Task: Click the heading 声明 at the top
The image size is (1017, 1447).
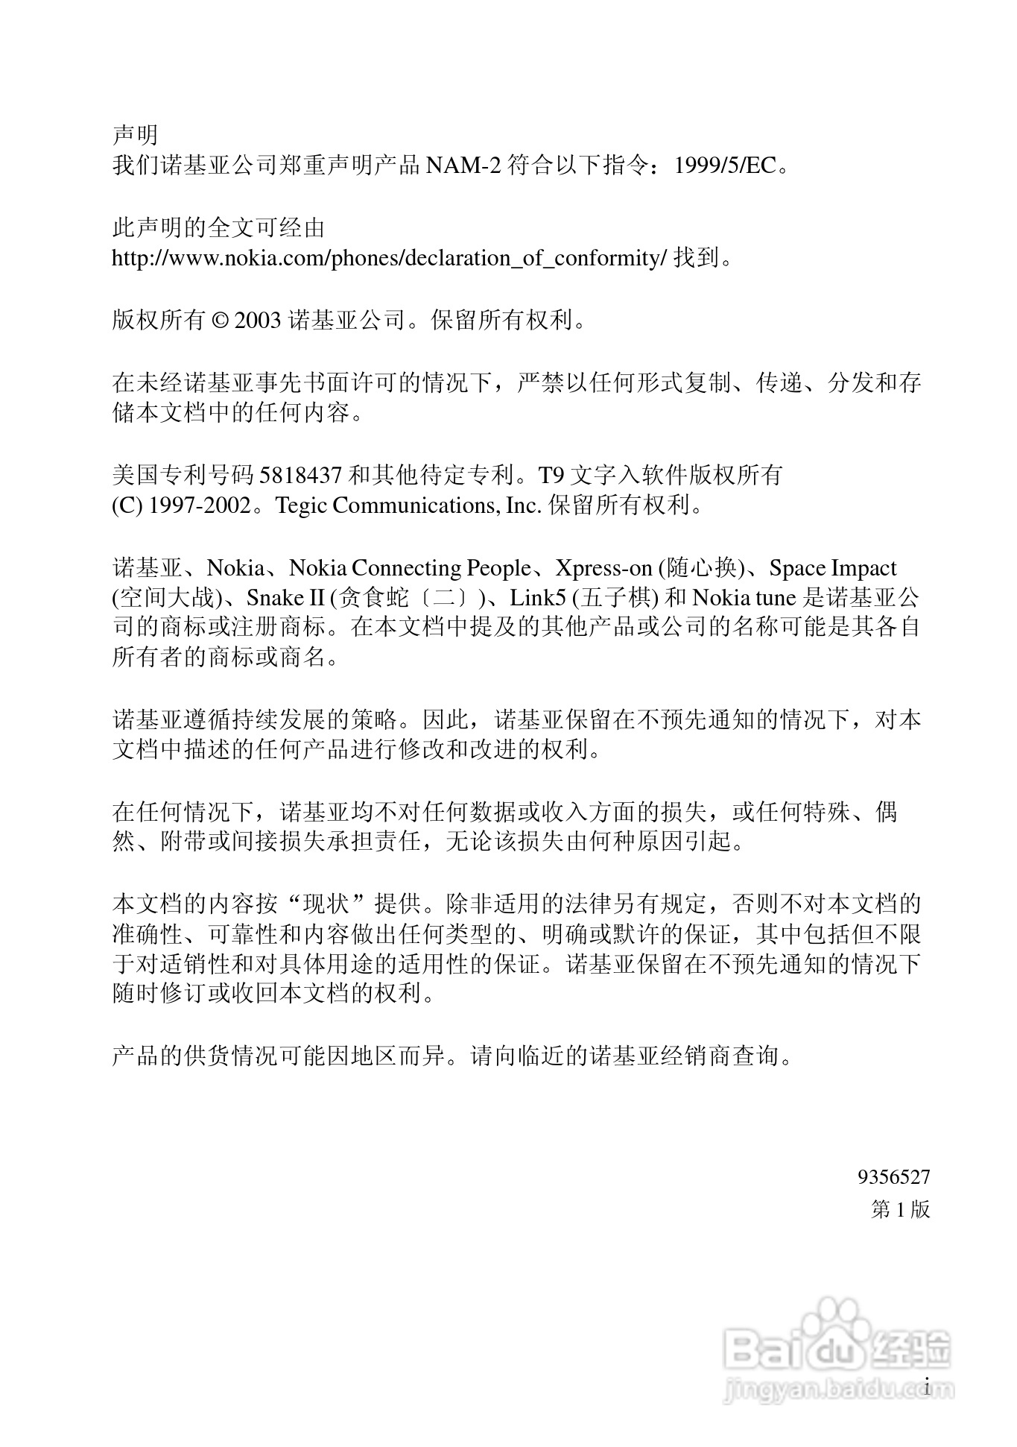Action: click(x=135, y=134)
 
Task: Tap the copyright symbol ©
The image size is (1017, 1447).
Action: click(x=221, y=321)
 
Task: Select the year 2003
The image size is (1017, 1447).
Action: click(x=258, y=321)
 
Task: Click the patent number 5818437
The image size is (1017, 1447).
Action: click(x=300, y=475)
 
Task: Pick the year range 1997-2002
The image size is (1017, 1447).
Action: click(x=200, y=505)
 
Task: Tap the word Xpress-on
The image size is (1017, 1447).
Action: click(x=603, y=568)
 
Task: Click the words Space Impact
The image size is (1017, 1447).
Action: click(x=832, y=568)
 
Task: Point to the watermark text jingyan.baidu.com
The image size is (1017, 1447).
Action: click(x=838, y=1389)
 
